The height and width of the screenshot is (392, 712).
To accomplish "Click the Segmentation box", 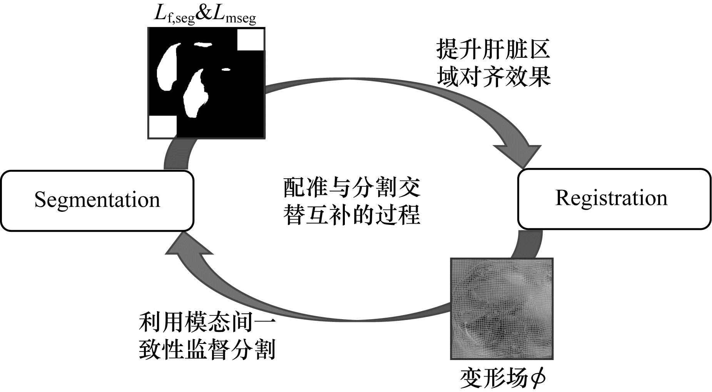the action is point(97,201).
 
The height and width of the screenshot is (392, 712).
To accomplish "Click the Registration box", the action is point(614,199).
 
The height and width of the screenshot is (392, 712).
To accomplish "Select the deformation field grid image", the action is point(502,309).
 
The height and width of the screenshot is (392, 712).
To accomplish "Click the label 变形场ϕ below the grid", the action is point(503,379).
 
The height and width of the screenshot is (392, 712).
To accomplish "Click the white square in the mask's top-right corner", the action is point(250,39).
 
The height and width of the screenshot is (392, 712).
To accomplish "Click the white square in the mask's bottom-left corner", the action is point(162,126).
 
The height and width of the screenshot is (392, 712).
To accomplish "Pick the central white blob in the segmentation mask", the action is point(196,94).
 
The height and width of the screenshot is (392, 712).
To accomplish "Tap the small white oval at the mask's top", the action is point(202,45).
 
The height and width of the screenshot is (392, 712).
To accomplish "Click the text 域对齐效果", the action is point(493,76).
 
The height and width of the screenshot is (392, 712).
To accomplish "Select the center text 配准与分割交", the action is point(352,188).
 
